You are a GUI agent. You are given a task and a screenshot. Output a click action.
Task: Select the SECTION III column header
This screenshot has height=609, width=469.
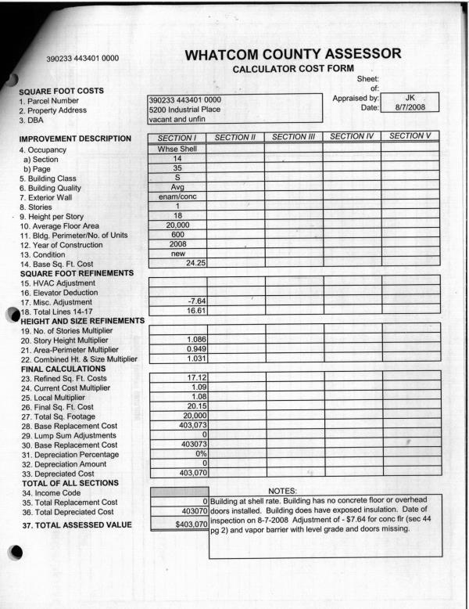click(294, 137)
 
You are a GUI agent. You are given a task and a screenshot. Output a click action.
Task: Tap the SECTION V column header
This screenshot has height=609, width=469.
click(410, 136)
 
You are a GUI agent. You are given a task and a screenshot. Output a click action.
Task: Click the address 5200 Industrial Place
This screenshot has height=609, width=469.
click(184, 110)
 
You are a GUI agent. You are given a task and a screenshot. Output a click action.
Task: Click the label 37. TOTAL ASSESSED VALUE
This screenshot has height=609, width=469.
click(76, 524)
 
